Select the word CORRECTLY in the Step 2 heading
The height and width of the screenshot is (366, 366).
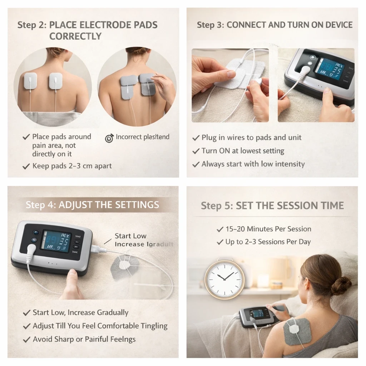pos(75,36)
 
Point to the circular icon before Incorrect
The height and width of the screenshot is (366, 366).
pos(109,138)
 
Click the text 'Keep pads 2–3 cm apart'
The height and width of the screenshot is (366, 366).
pos(72,166)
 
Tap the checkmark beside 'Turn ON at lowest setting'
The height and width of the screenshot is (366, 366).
pos(196,151)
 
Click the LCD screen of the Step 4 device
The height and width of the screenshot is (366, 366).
pos(56,241)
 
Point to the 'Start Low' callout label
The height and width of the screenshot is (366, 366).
pos(130,236)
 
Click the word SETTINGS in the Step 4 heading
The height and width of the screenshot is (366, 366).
pos(137,205)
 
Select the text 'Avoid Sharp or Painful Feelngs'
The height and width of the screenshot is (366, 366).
pos(84,339)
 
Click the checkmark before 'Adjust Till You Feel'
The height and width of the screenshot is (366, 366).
pos(26,326)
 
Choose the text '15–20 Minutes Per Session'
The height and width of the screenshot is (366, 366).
pos(268,229)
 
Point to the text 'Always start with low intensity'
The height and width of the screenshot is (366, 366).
pos(253,164)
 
